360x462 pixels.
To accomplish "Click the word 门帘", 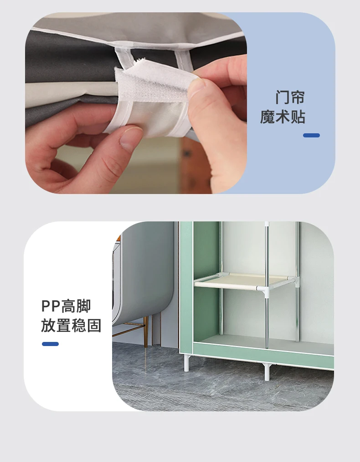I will [x=290, y=97].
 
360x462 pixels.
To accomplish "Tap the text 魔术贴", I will [x=283, y=117].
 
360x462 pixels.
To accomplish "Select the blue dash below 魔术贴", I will [x=311, y=135].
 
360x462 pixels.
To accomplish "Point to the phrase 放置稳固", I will [x=71, y=325].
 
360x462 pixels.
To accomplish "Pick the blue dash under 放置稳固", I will [x=50, y=344].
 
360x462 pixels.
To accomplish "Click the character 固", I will [x=94, y=325].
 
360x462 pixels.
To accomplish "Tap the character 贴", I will [x=298, y=117].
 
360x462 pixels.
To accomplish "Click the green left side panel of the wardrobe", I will [x=186, y=283].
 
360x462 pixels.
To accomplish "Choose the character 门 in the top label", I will [x=283, y=97].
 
